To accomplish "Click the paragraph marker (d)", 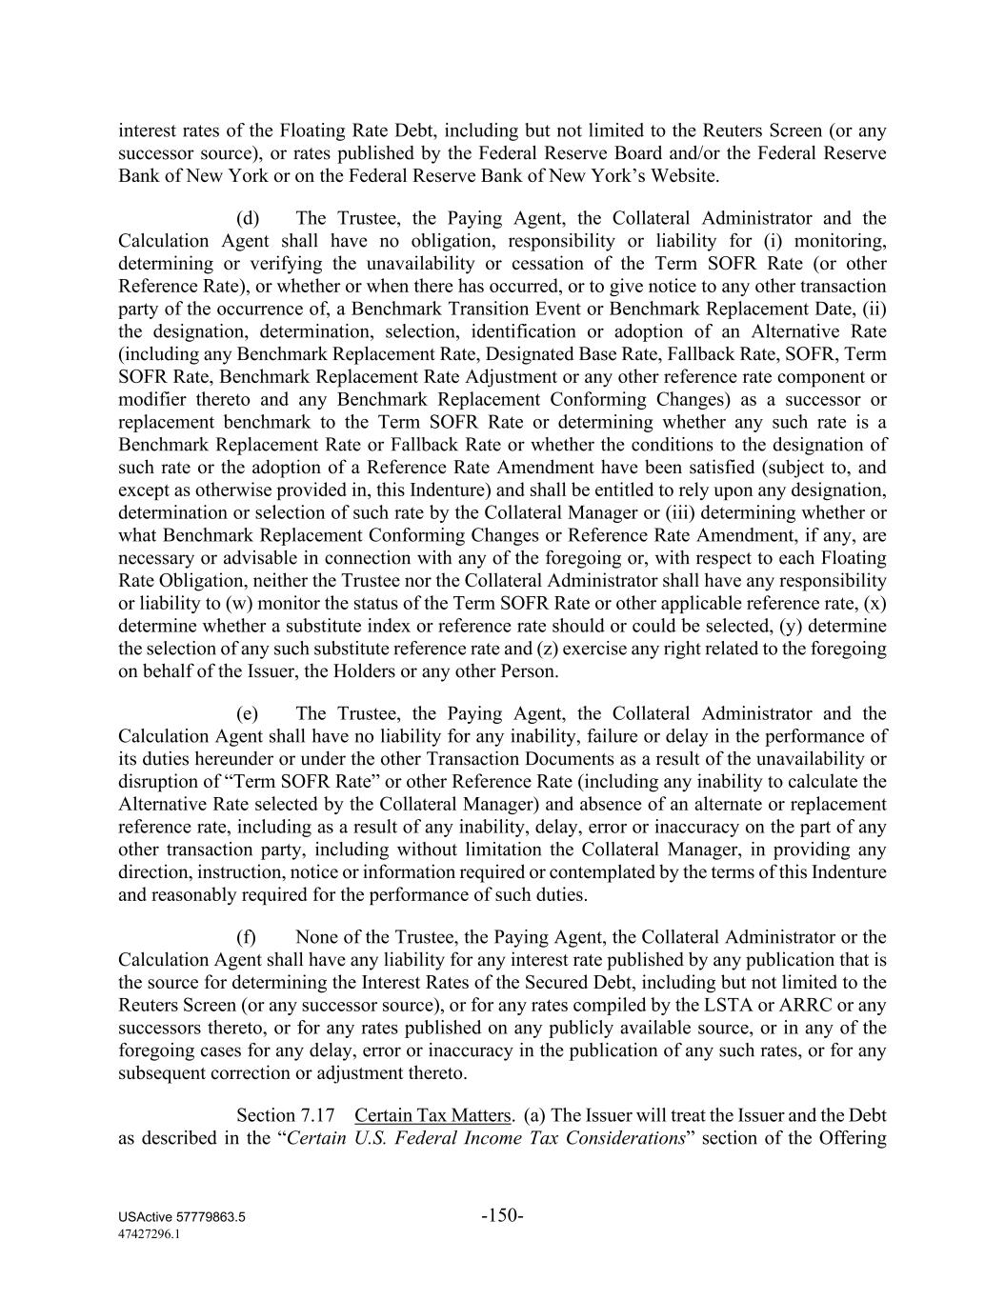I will tap(248, 218).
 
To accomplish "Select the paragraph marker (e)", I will tap(248, 713).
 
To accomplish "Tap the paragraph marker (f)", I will tap(247, 937).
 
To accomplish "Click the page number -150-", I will tap(502, 1215).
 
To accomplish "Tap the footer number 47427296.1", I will tap(150, 1233).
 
